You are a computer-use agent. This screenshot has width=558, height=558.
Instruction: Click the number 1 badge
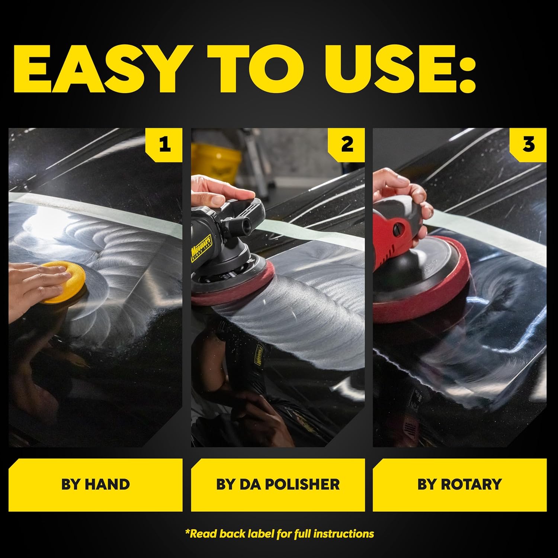(164, 144)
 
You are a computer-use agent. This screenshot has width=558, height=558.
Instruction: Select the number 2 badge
(347, 144)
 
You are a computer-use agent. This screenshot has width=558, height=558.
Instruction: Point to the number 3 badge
(528, 144)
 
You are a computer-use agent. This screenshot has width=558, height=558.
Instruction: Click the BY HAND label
(96, 484)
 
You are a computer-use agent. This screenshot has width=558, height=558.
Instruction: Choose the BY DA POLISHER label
(278, 484)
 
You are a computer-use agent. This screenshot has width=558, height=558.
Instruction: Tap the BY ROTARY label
(459, 484)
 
